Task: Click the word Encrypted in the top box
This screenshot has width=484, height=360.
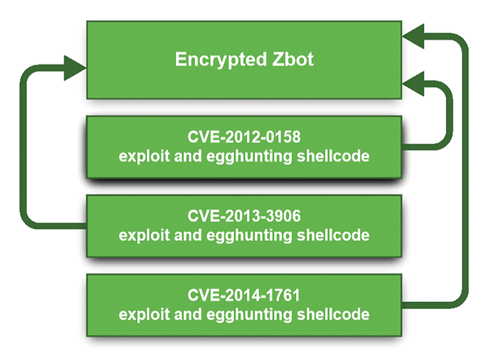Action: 221,60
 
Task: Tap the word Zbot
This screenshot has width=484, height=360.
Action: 293,59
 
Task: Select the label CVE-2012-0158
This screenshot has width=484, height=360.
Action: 244,136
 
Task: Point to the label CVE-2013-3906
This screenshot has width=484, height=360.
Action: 244,216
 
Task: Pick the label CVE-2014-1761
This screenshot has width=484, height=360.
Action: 244,295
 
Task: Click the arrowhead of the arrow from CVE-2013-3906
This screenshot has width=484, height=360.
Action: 75,68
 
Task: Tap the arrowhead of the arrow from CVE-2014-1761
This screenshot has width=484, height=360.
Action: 413,36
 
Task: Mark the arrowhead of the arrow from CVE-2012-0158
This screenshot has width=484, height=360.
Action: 413,84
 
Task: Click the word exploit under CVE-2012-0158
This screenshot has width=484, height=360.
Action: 144,157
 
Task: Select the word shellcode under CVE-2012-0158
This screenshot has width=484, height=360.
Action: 332,156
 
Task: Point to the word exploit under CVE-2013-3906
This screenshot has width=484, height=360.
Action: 144,236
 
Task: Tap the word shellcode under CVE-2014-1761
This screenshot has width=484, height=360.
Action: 332,314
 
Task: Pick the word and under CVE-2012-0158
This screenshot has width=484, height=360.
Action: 188,157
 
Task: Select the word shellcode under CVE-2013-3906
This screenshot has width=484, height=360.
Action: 332,235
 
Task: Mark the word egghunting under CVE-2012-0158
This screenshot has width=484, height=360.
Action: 248,157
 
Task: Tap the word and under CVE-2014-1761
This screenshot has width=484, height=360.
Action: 188,315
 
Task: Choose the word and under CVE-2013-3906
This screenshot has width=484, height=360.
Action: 188,235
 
